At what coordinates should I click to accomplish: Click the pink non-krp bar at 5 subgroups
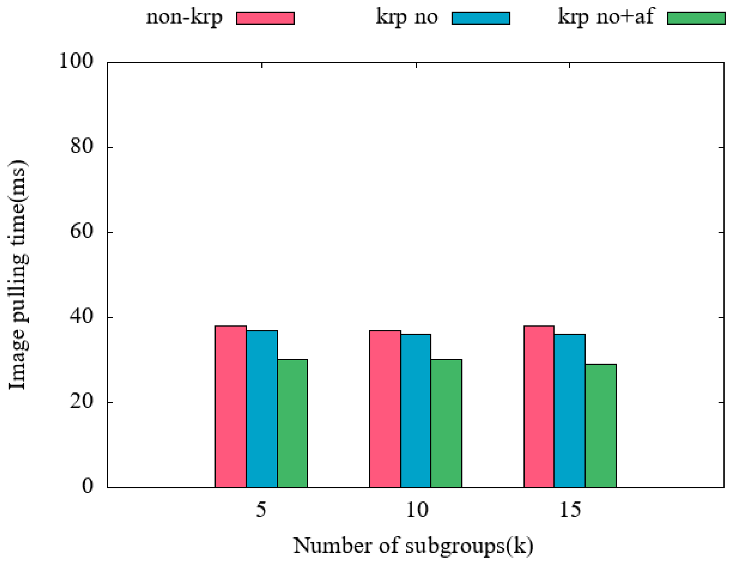click(231, 407)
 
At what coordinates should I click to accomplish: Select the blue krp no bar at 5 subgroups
click(262, 409)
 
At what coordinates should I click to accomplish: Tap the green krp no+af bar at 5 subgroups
click(292, 423)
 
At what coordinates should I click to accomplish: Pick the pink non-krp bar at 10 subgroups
click(385, 409)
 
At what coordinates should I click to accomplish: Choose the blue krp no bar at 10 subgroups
click(415, 411)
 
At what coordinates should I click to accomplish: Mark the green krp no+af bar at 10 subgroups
click(446, 423)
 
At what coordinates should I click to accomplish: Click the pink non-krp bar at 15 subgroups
click(539, 407)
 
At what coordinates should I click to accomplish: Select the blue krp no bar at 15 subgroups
click(570, 411)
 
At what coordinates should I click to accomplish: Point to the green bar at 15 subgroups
click(601, 426)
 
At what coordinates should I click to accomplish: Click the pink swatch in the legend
click(265, 18)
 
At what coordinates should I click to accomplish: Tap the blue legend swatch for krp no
click(481, 18)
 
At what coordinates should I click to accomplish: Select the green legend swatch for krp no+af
click(696, 18)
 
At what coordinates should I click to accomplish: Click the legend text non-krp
click(184, 17)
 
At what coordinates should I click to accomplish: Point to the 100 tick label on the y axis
click(76, 61)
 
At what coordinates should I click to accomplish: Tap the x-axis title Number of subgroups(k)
click(413, 545)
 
